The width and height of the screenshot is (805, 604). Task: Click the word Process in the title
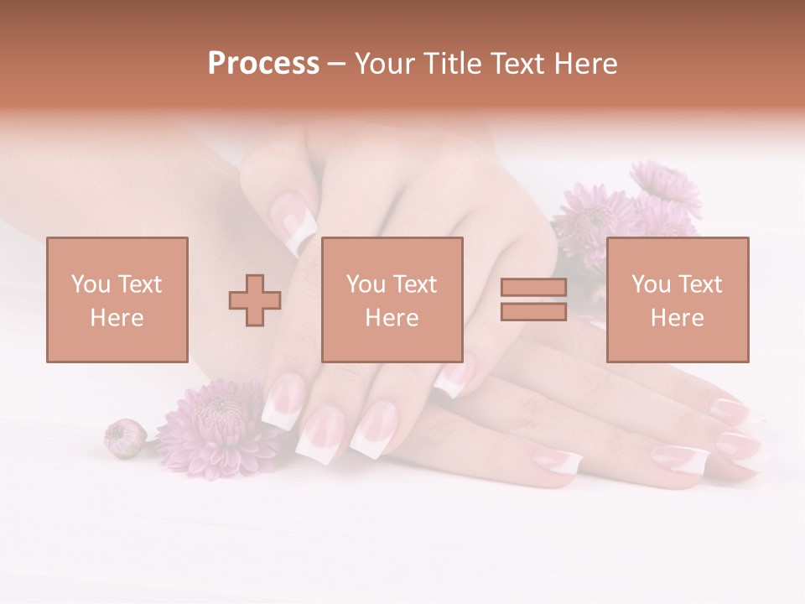[x=263, y=64]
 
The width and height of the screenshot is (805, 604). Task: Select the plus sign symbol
[x=255, y=300]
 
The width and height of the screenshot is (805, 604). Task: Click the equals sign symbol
[x=533, y=299]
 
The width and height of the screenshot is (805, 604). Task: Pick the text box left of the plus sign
[x=117, y=299]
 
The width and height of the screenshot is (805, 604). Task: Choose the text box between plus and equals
[x=392, y=299]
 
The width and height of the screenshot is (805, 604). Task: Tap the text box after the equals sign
[x=677, y=299]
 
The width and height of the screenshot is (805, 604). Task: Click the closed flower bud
[x=124, y=437]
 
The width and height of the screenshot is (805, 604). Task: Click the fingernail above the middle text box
[x=298, y=219]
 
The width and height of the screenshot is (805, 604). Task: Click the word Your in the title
[x=386, y=64]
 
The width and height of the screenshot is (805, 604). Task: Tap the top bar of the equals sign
[x=533, y=289]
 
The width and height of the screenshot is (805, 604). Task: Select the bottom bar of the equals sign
[x=533, y=312]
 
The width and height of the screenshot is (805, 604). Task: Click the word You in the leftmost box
[x=90, y=284]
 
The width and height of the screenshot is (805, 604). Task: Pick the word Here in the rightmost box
[x=677, y=318]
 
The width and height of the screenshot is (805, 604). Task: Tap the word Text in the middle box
[x=414, y=284]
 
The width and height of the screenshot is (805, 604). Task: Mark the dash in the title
[x=337, y=64]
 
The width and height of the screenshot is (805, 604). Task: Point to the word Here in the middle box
[x=392, y=318]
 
